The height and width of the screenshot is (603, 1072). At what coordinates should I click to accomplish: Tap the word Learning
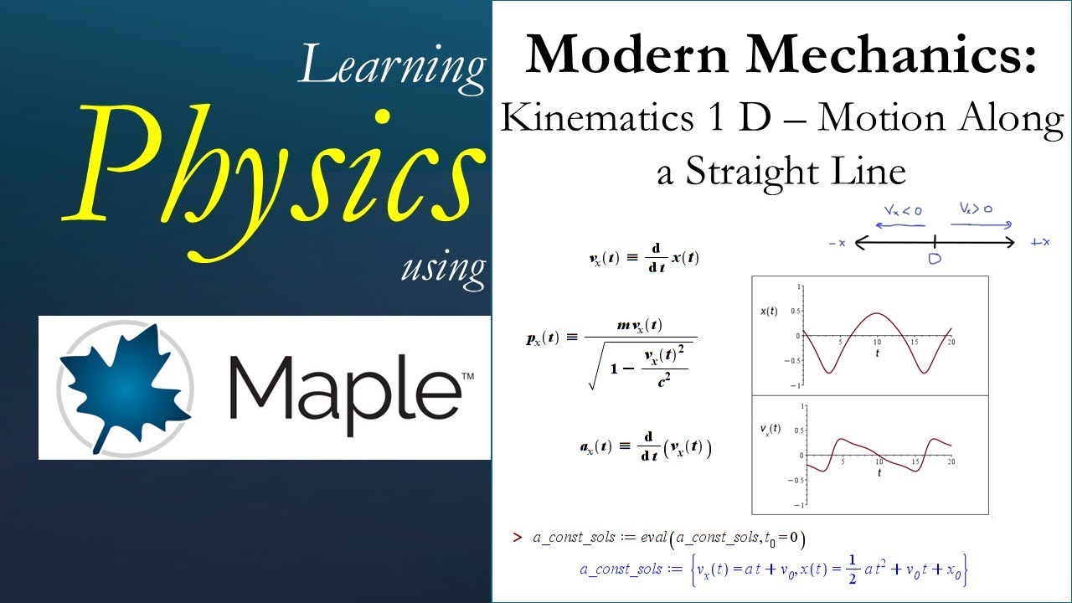click(392, 64)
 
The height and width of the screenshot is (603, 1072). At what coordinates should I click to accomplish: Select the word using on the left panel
click(443, 267)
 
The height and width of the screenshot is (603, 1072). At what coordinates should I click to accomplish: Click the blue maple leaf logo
click(123, 386)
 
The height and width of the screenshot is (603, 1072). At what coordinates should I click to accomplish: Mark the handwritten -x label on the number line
click(837, 244)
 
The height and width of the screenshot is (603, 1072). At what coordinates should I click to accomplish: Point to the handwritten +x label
click(1040, 243)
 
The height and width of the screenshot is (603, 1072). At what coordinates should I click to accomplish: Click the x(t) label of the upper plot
click(768, 312)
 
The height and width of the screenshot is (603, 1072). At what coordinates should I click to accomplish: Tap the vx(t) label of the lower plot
click(770, 429)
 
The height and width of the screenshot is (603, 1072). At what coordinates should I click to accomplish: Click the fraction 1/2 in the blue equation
click(851, 569)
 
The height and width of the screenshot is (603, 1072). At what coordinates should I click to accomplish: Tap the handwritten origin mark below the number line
click(935, 260)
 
